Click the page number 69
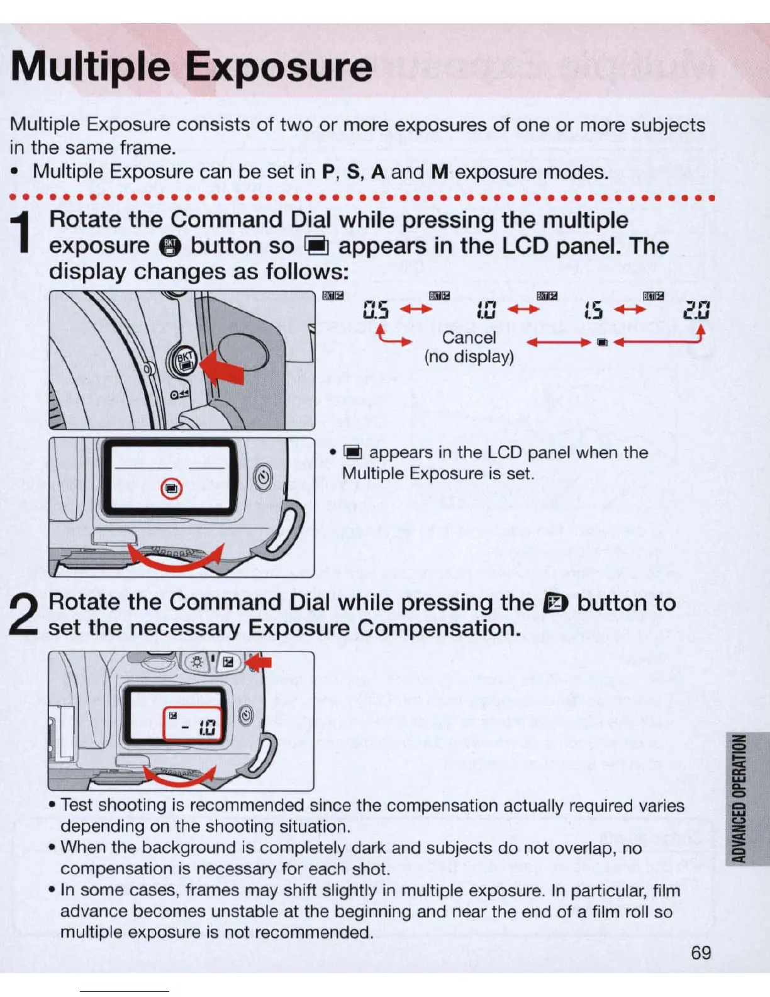click(x=701, y=952)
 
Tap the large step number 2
click(x=23, y=615)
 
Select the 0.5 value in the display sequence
click(x=376, y=310)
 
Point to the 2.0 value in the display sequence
click(x=696, y=310)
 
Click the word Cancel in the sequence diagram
click(x=469, y=337)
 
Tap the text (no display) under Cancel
click(x=469, y=357)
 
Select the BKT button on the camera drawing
click(x=185, y=361)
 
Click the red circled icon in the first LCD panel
click(x=172, y=488)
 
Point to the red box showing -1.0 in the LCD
click(x=193, y=725)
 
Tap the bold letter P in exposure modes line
click(x=328, y=172)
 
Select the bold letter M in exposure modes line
click(x=439, y=172)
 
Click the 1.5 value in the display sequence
click(x=593, y=310)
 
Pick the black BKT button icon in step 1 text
click(x=170, y=246)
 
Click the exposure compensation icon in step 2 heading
click(x=555, y=604)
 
